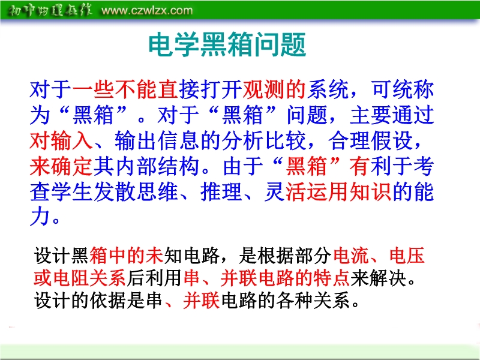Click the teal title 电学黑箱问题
pyautogui.click(x=227, y=44)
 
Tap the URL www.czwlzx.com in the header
pyautogui.click(x=147, y=11)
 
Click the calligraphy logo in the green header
pyautogui.click(x=49, y=11)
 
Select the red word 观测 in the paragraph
pyautogui.click(x=263, y=89)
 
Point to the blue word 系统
pyautogui.click(x=328, y=89)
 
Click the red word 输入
pyautogui.click(x=72, y=140)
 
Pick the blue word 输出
pyautogui.click(x=136, y=140)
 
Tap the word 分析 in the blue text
pyautogui.click(x=243, y=140)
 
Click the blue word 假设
pyautogui.click(x=392, y=140)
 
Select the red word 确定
pyautogui.click(x=72, y=166)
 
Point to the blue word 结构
pyautogui.click(x=179, y=166)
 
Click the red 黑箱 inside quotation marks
pyautogui.click(x=307, y=166)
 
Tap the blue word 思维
pyautogui.click(x=157, y=192)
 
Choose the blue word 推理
pyautogui.click(x=221, y=192)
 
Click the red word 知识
pyautogui.click(x=370, y=192)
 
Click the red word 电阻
pyautogui.click(x=71, y=278)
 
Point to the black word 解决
pyautogui.click(x=388, y=278)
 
